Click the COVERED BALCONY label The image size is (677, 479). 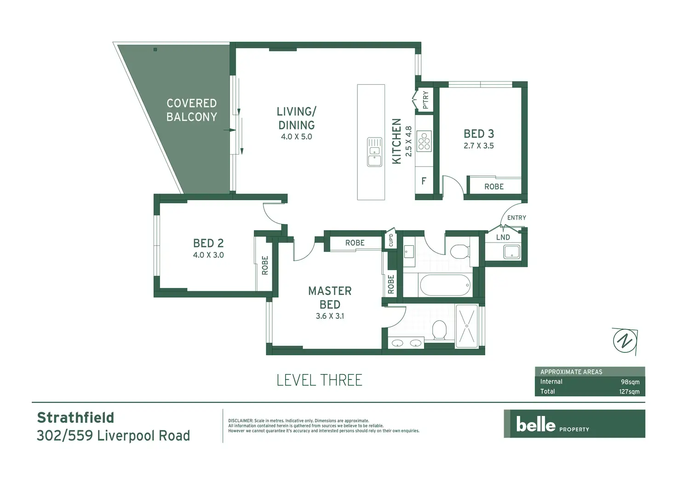[192, 110]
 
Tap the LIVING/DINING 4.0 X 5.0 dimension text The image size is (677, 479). [297, 137]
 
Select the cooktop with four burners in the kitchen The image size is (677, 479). [424, 141]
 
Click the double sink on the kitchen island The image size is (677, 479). [374, 152]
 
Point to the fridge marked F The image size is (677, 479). [424, 181]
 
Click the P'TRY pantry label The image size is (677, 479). [425, 100]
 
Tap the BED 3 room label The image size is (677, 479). [479, 133]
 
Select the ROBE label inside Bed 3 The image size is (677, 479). [494, 186]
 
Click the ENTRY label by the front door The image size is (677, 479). [516, 218]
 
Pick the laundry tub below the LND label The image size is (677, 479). [512, 252]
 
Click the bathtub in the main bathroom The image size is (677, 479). [445, 285]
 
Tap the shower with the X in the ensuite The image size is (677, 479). [467, 326]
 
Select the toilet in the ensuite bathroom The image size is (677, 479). [439, 330]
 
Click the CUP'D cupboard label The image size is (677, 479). [391, 240]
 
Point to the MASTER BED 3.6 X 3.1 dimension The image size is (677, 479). [330, 316]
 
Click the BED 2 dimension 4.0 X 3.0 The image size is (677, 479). [208, 255]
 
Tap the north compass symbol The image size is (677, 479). [625, 341]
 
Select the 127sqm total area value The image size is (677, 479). [629, 392]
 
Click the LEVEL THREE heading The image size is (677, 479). [320, 380]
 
